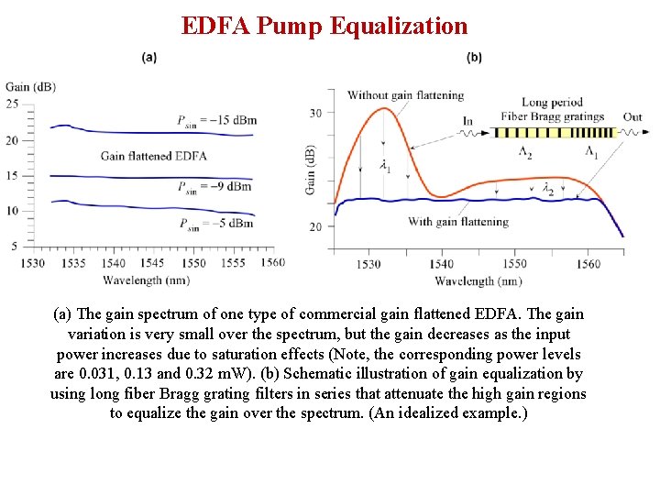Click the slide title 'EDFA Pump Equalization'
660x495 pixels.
(324, 26)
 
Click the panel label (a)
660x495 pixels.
(149, 57)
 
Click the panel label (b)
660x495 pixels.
(474, 57)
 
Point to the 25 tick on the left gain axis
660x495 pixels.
(12, 104)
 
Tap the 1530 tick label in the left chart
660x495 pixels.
(33, 263)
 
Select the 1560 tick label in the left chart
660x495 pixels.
(272, 263)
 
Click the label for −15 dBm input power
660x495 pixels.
(217, 120)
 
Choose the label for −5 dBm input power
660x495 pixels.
(216, 224)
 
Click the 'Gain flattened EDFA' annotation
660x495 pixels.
(153, 156)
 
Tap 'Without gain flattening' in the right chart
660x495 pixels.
(405, 95)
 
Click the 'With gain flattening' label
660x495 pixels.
(458, 222)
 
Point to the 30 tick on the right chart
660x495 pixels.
(316, 113)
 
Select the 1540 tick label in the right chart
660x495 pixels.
(442, 264)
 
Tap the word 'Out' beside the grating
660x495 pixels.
(632, 117)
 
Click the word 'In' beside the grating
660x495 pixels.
(467, 120)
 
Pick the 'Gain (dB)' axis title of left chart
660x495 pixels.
(30, 87)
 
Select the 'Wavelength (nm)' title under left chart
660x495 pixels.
(147, 280)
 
